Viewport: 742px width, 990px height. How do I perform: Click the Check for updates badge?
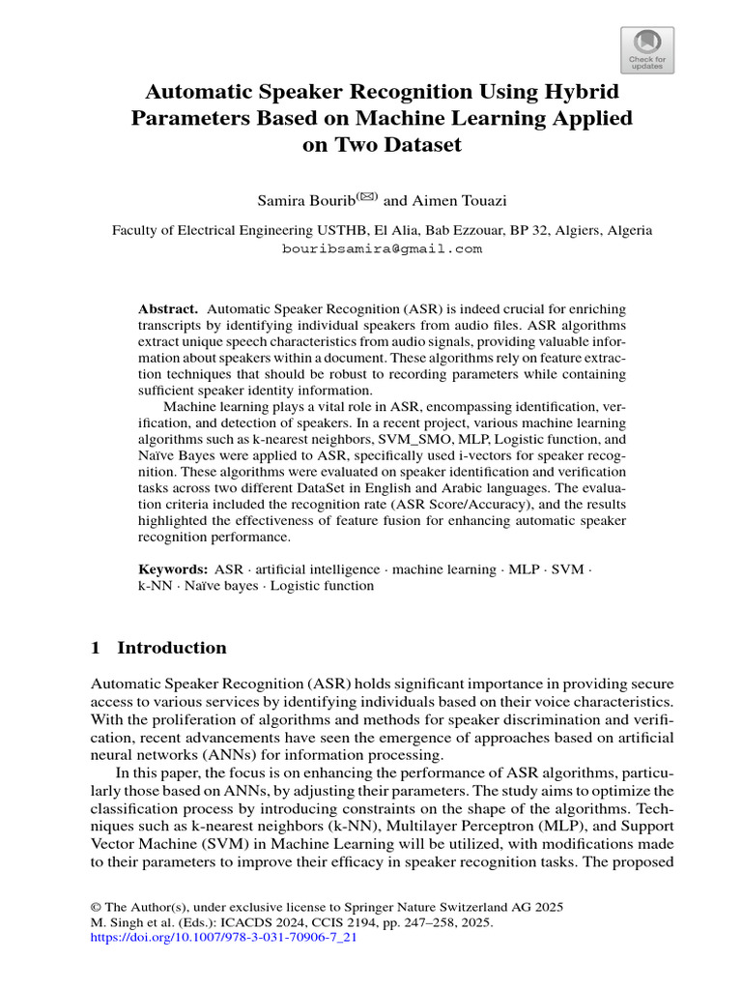click(x=646, y=49)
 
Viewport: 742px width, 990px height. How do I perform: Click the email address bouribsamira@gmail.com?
click(x=382, y=248)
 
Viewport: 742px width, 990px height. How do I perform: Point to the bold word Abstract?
click(x=168, y=306)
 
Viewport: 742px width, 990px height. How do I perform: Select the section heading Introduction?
click(x=172, y=648)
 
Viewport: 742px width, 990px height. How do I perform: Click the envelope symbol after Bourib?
click(x=368, y=197)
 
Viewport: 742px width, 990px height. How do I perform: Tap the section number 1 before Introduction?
click(x=96, y=648)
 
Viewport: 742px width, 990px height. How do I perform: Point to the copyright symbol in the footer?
click(x=96, y=907)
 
